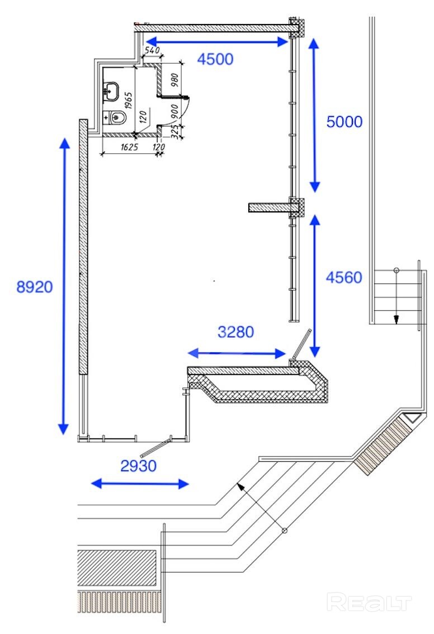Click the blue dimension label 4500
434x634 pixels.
coord(215,59)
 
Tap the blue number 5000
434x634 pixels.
coord(344,122)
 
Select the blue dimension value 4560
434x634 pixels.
coord(344,277)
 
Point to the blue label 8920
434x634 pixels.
coord(34,287)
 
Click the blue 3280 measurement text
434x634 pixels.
coord(236,332)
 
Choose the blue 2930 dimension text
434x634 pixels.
coord(138,466)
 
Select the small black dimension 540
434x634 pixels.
coord(152,50)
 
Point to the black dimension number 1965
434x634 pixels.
coord(128,100)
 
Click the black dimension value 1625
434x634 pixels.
coord(129,147)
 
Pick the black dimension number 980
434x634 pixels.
coord(174,79)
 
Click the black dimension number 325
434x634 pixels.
coord(174,132)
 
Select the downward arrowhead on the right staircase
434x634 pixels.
coord(397,319)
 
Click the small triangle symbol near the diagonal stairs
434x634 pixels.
coord(413,417)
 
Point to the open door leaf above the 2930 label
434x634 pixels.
coord(155,447)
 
